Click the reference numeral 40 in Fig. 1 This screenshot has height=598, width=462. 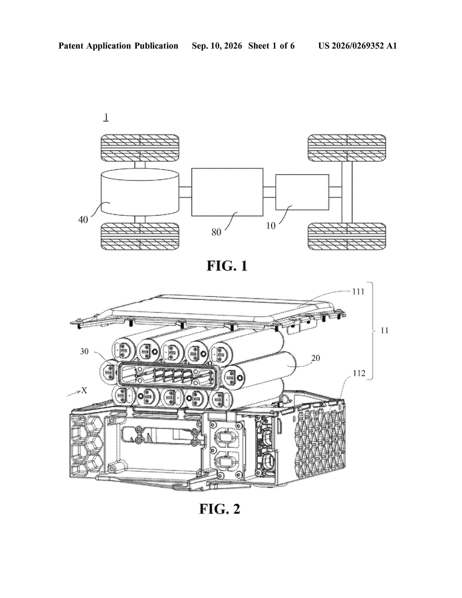[83, 220]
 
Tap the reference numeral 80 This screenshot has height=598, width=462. [216, 232]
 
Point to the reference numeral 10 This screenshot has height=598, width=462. [271, 226]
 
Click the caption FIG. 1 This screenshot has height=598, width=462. [227, 266]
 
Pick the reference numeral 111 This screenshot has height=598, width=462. [358, 292]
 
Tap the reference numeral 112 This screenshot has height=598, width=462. [359, 373]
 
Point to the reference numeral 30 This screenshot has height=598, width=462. [84, 351]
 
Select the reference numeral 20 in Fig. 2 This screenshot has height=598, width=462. [316, 358]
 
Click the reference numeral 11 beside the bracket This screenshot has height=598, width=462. [384, 331]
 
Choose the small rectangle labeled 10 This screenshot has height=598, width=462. [302, 192]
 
